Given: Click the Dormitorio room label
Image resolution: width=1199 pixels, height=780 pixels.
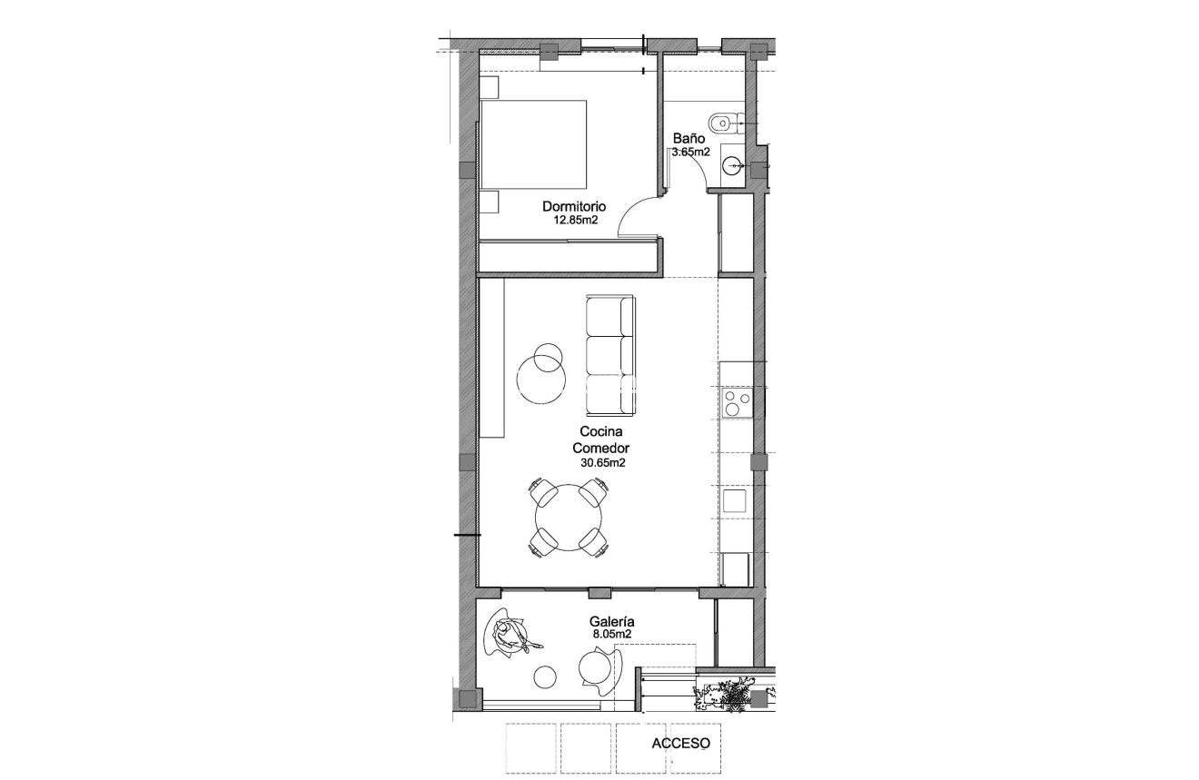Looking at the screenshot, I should point(574,206).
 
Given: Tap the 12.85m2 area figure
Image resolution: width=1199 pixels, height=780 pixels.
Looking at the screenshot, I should point(574,220).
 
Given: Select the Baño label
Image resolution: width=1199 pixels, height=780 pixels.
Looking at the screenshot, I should point(689,139).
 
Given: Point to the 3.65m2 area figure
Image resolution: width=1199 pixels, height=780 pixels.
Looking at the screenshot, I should point(689,153).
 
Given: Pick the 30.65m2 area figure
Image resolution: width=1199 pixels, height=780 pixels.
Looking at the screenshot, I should point(604,462).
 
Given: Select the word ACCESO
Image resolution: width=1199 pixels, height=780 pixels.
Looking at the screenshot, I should point(680,743).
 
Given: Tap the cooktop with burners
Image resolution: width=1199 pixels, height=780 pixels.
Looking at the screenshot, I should point(736,401).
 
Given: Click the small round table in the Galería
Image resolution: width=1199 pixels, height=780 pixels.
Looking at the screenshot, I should point(545,676).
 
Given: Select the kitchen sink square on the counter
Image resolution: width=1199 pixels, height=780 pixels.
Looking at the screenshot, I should point(735,500).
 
